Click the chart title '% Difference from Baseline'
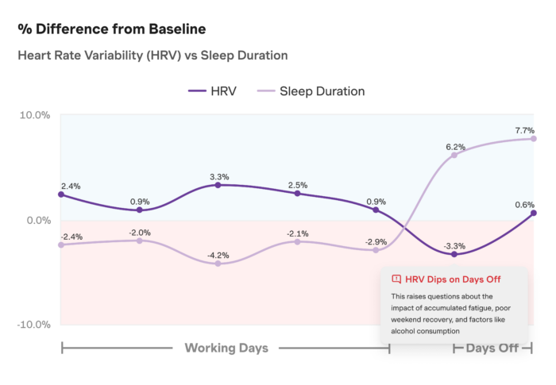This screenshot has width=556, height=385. pos(112,29)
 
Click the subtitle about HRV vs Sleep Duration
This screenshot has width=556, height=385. pos(153,56)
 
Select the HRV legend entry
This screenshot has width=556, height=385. pos(212,91)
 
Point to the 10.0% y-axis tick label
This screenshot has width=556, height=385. pos(35,115)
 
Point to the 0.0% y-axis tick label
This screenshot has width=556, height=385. pos(37,220)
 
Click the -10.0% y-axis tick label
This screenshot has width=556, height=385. pos(33,325)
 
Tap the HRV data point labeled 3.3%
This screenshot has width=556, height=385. pos(218,185)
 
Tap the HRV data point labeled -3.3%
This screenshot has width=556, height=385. pos(454,254)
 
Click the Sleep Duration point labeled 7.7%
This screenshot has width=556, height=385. pos(533,139)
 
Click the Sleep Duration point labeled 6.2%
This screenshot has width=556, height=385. pos(454,155)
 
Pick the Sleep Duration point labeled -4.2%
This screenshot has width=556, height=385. pos(218,264)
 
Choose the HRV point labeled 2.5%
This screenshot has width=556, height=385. pos(297,194)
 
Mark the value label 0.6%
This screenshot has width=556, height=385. pos(524,204)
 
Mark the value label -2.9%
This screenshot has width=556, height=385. pos(375,241)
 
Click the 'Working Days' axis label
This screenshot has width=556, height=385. pos(226,348)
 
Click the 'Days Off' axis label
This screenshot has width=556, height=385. pos(492,348)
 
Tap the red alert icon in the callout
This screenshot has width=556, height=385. pos(396,279)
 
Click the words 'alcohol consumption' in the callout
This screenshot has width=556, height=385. pos(425,329)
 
